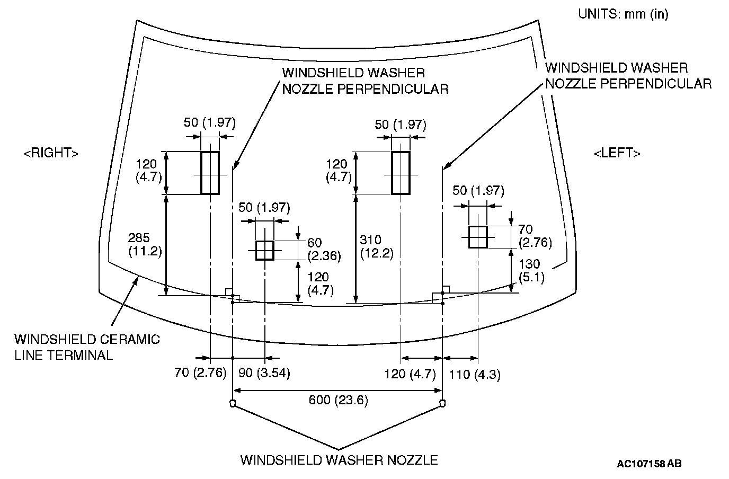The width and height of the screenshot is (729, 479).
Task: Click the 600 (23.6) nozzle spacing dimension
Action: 338,400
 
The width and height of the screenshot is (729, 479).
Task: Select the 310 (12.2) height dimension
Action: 376,247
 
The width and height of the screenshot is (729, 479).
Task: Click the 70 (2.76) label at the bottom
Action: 200,373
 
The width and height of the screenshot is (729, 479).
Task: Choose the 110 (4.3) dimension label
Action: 475,375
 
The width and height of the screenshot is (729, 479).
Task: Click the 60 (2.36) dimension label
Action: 324,249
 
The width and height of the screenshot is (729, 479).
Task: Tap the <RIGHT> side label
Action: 51,153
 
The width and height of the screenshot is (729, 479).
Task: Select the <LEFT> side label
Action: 617,153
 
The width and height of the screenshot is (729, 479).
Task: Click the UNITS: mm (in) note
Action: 623,14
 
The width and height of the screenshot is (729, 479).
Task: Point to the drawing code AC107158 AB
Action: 649,464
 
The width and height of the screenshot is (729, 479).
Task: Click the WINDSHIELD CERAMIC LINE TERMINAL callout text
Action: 87,347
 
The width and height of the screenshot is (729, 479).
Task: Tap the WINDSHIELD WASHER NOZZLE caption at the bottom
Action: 339,459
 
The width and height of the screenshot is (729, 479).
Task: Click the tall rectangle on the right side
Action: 210,173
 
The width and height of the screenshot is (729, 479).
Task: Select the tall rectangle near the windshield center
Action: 401,173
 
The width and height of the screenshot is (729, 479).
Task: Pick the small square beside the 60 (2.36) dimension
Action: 264,250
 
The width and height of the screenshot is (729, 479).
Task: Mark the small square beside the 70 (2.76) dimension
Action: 477,236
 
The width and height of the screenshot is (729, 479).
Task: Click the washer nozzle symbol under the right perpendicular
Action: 232,404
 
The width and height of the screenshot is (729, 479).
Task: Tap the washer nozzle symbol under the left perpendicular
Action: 442,404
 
